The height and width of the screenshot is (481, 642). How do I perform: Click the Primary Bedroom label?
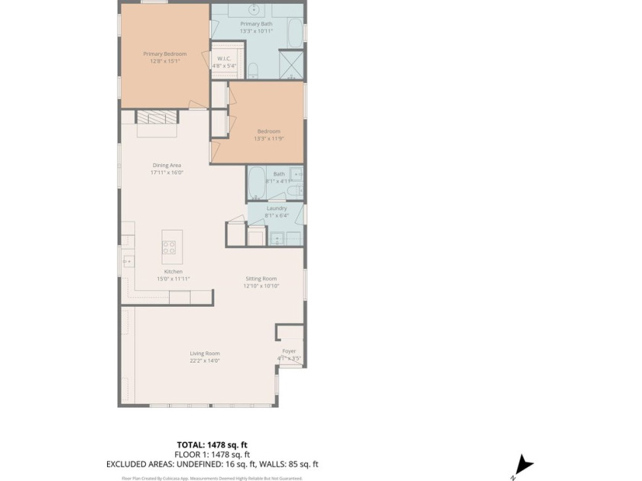tap(164, 54)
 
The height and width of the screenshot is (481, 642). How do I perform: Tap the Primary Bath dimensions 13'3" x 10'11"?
tap(256, 31)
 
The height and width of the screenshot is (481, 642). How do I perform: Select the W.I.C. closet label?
tap(224, 58)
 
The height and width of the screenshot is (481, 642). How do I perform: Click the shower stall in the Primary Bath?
tap(290, 64)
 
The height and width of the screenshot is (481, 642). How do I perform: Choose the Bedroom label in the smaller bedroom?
tap(268, 131)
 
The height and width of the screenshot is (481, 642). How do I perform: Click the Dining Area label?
tap(167, 165)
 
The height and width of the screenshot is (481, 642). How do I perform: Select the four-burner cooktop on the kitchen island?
tap(169, 247)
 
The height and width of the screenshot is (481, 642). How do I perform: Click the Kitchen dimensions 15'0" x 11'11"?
tap(173, 279)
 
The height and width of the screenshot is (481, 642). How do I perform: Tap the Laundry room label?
tap(276, 208)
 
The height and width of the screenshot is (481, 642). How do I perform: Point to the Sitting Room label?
tap(261, 279)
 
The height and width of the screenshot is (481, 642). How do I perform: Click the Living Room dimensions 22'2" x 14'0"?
tap(205, 360)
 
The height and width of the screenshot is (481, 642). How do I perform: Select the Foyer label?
tap(289, 351)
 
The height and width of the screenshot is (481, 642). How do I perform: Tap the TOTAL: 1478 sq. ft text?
tap(212, 444)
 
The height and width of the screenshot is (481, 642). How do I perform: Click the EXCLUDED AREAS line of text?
tap(212, 463)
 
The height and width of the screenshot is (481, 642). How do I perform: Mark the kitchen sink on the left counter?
tap(127, 261)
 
